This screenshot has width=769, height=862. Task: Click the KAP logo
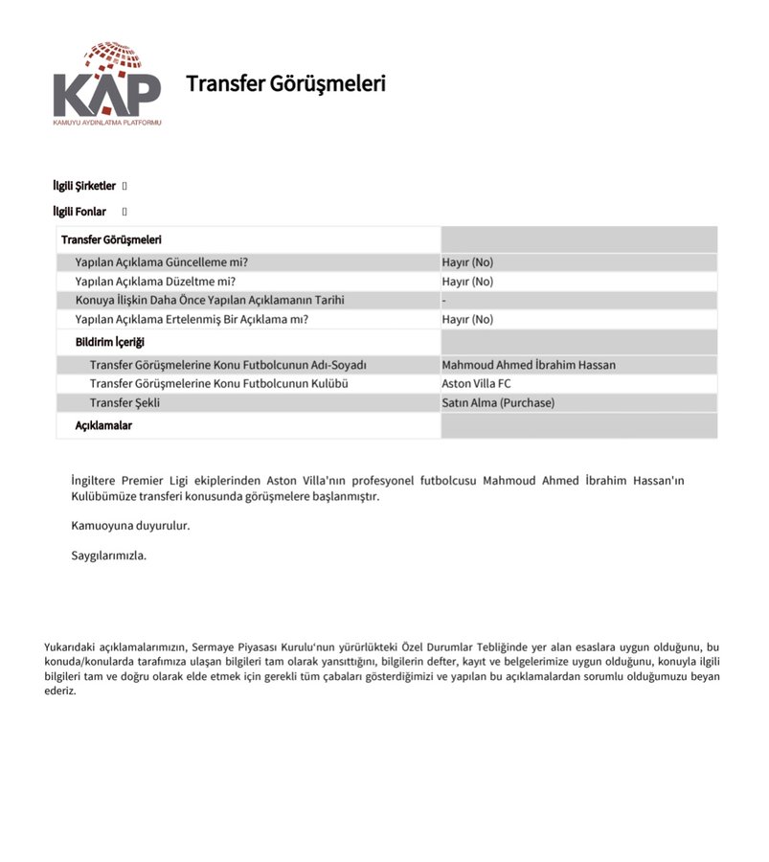click(106, 85)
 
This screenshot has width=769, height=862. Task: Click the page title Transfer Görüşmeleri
click(285, 83)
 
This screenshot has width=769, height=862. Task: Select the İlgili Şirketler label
click(84, 186)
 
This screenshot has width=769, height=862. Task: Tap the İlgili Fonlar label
click(79, 212)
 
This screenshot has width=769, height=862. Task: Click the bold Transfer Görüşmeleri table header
click(111, 239)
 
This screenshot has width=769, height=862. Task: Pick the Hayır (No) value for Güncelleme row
click(467, 262)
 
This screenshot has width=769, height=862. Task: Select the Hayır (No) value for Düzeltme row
click(467, 282)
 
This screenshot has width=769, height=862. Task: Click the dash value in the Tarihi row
click(444, 301)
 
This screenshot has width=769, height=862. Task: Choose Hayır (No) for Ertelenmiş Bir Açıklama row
click(467, 320)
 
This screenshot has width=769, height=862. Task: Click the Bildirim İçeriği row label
click(110, 342)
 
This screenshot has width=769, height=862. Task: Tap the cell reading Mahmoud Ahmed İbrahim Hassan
click(529, 365)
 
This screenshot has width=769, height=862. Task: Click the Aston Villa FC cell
click(476, 384)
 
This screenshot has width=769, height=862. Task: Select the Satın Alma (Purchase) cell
click(498, 403)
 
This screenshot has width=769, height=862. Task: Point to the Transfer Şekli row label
click(124, 403)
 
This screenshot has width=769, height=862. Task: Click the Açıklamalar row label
click(103, 425)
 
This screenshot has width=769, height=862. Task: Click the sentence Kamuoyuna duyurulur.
click(130, 526)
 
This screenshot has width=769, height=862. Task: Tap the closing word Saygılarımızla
click(108, 556)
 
